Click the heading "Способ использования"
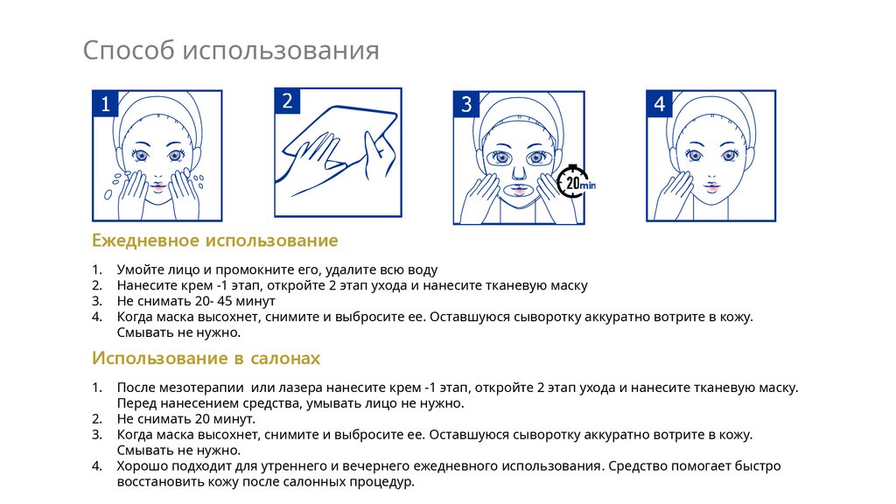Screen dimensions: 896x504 (231, 51)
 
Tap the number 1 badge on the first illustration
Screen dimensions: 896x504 (105, 104)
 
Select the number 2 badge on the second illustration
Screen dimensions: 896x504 (287, 101)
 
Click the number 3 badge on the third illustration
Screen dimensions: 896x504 (466, 104)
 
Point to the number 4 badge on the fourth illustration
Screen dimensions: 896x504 (660, 103)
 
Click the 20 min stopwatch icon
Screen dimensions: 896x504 (575, 182)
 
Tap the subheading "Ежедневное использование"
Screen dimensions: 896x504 (215, 241)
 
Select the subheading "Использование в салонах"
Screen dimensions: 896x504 (206, 358)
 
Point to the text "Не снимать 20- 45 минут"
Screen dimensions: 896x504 (196, 301)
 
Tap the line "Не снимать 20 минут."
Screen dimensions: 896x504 (186, 419)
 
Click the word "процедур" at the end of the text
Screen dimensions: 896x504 (384, 482)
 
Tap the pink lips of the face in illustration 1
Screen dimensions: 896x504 (157, 185)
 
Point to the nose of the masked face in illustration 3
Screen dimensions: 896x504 (518, 171)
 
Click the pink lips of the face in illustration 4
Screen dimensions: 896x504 (711, 186)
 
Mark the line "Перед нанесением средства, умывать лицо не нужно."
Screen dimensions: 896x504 (290, 403)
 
